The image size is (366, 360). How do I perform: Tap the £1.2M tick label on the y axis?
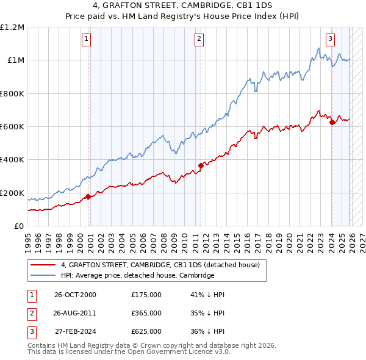click(x=12, y=27)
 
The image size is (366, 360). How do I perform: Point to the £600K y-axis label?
click(x=12, y=126)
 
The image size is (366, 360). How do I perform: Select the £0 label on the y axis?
click(x=20, y=226)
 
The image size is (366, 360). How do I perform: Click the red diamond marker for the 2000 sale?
click(x=88, y=196)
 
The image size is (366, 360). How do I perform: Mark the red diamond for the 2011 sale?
click(x=201, y=165)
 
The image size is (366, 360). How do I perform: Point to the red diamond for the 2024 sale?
click(x=332, y=122)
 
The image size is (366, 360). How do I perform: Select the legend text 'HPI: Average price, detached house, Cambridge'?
click(x=137, y=275)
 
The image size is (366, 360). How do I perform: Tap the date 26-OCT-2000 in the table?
click(x=75, y=295)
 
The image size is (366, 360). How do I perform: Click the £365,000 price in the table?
click(x=146, y=313)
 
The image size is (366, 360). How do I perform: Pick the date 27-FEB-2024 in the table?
click(x=75, y=331)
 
